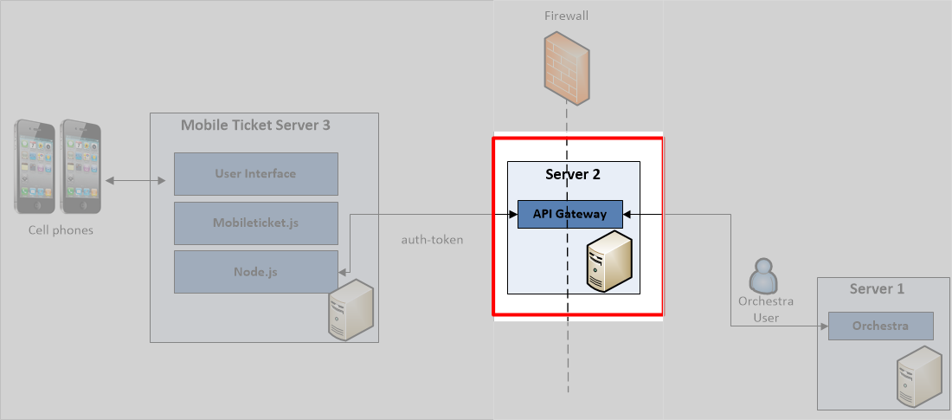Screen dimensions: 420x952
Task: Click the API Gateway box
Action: tap(569, 214)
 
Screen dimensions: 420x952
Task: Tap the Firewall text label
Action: tap(567, 16)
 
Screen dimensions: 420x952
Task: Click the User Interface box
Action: tap(255, 173)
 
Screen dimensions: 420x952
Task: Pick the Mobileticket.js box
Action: tap(255, 223)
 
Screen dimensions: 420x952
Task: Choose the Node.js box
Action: tap(255, 272)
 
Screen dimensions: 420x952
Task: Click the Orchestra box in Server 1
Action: tap(880, 326)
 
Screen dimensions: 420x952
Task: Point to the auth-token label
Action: tap(432, 239)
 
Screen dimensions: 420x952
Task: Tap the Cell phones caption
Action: tap(61, 230)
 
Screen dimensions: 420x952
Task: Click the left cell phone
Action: tap(35, 165)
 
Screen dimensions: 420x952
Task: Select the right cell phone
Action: tap(80, 165)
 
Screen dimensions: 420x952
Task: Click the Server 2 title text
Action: tap(572, 174)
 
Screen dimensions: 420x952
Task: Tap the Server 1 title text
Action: tap(877, 288)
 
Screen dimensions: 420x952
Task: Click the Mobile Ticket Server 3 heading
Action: tap(254, 125)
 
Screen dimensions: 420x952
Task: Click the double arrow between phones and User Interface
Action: tap(136, 181)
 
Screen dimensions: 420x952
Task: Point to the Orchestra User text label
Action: tap(765, 309)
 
